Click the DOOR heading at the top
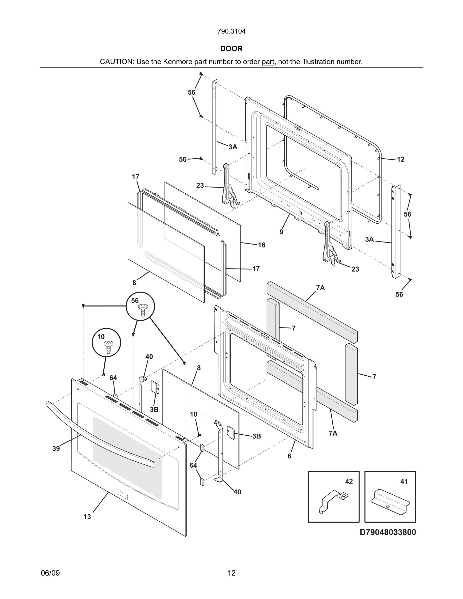[231, 49]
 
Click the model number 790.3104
[231, 31]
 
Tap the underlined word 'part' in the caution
[268, 62]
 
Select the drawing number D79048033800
[388, 532]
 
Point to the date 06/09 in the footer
[50, 573]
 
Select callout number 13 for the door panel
[87, 517]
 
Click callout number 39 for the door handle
[56, 448]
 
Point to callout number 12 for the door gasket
[400, 159]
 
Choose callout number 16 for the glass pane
[262, 245]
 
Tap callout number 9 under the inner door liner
[281, 232]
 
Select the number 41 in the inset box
[404, 481]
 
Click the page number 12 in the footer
[231, 573]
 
